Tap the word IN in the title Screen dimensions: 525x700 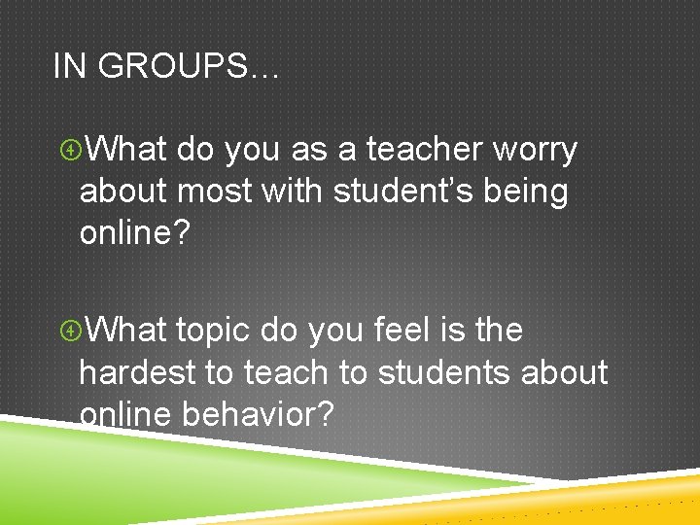[69, 66]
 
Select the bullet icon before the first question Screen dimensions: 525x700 [69, 151]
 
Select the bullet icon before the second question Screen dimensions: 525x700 [69, 332]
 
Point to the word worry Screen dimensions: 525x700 [536, 150]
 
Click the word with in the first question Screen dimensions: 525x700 [295, 192]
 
